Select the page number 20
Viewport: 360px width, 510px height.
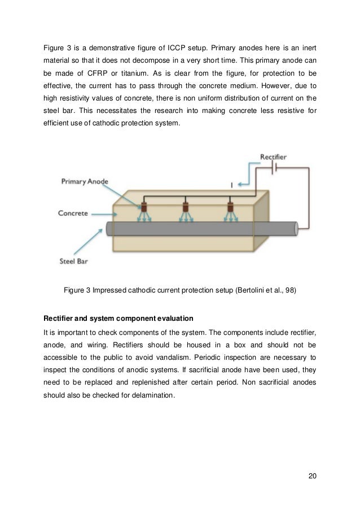312,475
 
